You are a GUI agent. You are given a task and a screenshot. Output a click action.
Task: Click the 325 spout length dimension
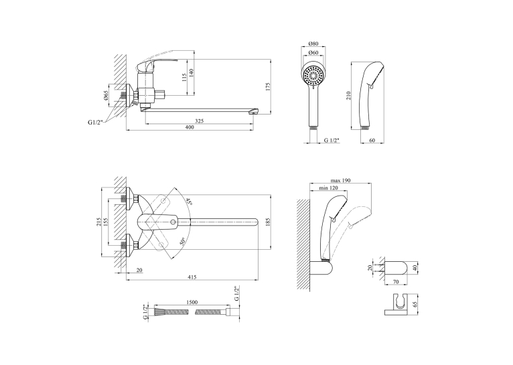pos(200,121)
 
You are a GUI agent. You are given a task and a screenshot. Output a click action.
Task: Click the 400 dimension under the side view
pos(190,127)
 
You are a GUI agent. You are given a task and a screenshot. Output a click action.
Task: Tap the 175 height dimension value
pos(269,87)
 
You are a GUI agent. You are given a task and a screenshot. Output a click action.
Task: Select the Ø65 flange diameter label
pos(106,96)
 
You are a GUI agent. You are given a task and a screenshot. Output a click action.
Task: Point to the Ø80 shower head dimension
pos(313,44)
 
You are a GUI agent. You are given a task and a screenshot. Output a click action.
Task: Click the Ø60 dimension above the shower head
pos(313,52)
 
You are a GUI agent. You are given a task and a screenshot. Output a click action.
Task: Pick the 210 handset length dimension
pos(349,96)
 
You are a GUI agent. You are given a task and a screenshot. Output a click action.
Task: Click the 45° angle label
pos(189,202)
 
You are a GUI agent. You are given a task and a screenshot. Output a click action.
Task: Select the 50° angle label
pos(182,241)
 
